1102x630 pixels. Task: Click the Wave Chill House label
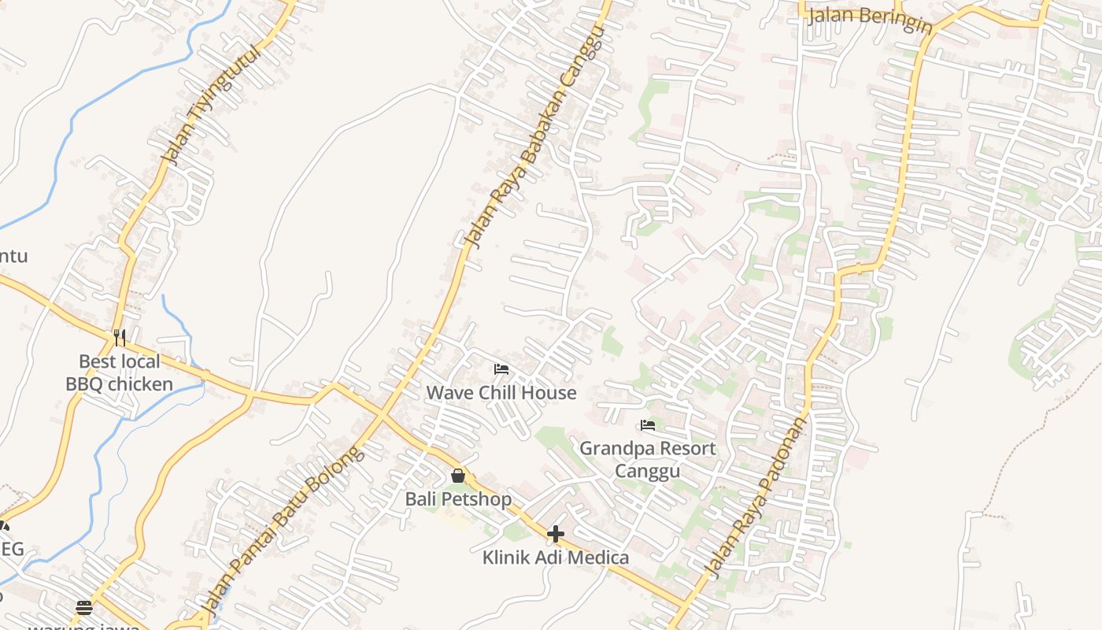[501, 392]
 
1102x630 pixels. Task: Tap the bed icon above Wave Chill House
[501, 369]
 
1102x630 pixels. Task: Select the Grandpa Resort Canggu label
[648, 459]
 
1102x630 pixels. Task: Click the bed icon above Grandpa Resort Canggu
[648, 425]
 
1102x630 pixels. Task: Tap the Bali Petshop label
[458, 499]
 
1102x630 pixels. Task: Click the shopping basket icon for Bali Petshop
[458, 476]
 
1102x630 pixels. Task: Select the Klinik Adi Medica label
[556, 558]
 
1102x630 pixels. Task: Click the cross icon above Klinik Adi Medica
[556, 534]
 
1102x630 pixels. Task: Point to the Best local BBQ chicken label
[119, 372]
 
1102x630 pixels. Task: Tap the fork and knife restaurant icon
[120, 338]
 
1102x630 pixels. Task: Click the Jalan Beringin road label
[870, 17]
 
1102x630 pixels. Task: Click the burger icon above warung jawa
[84, 607]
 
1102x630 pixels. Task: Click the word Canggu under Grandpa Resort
[648, 471]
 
